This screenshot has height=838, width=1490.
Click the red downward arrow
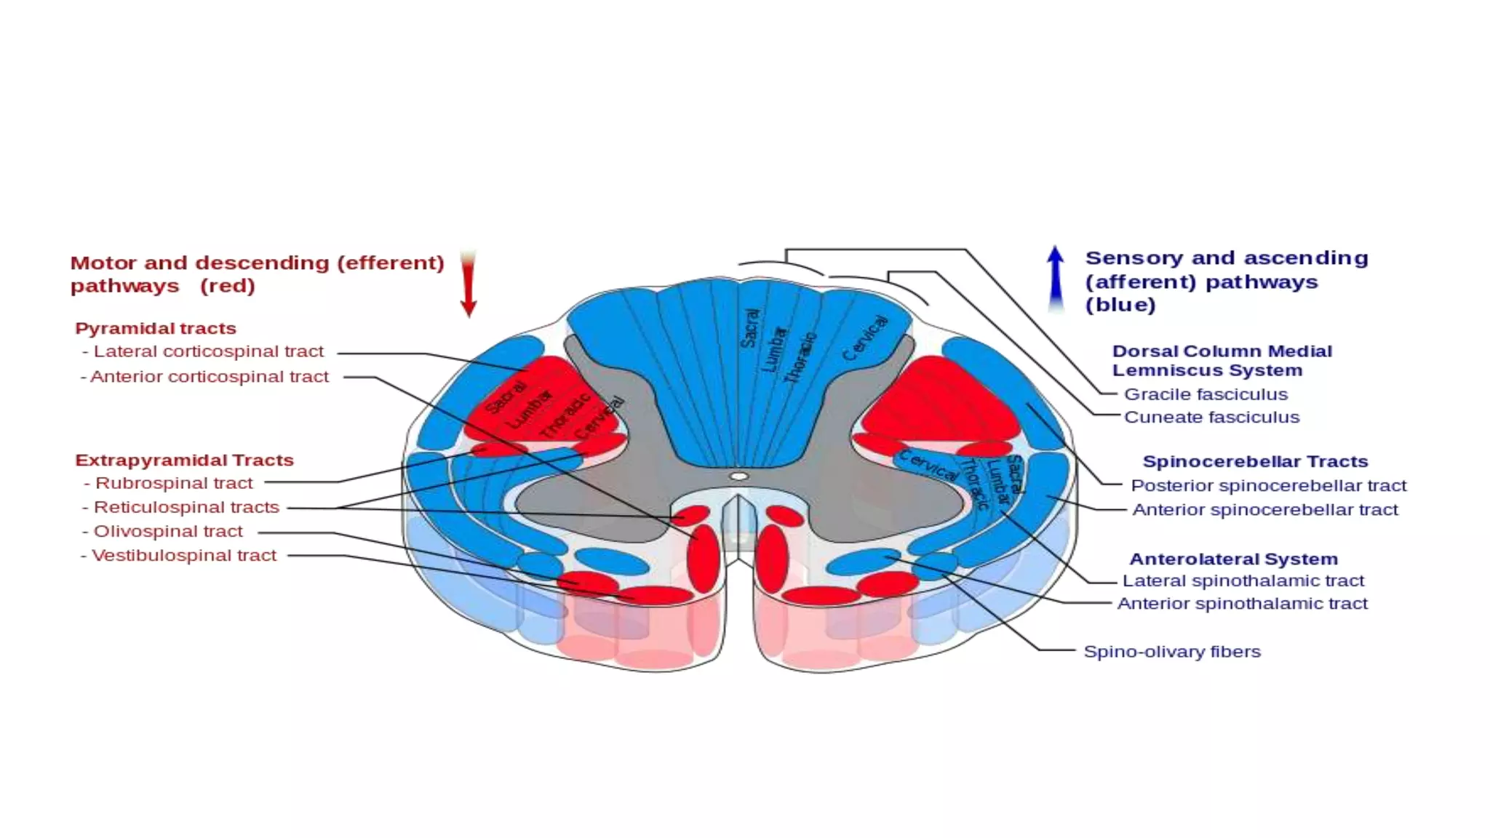pos(469,285)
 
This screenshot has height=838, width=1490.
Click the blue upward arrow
pos(1055,280)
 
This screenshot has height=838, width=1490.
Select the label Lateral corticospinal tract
pos(208,351)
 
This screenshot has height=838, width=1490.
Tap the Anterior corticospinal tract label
pos(210,377)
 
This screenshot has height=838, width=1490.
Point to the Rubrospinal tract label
pos(174,483)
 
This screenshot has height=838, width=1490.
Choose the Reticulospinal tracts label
pos(186,507)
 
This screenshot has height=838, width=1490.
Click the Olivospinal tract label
pos(168,531)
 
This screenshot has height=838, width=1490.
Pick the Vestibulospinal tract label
pos(184,556)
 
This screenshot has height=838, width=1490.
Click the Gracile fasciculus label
pos(1206,394)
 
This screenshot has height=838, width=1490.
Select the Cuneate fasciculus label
pos(1211,418)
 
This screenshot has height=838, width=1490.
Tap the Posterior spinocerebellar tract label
pos(1268,485)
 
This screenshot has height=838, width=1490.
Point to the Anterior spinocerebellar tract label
pos(1264,510)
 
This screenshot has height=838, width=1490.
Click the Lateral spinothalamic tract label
pos(1243,580)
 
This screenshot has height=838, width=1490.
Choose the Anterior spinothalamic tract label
pos(1242,604)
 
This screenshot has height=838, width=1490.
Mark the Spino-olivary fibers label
pos(1172,652)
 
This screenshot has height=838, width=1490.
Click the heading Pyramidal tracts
pos(156,329)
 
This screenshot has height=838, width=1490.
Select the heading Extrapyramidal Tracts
pos(184,460)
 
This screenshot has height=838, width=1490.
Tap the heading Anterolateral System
pos(1233,559)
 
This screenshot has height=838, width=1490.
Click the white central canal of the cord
pos(738,476)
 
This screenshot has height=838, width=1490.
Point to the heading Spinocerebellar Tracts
pos(1255,462)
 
